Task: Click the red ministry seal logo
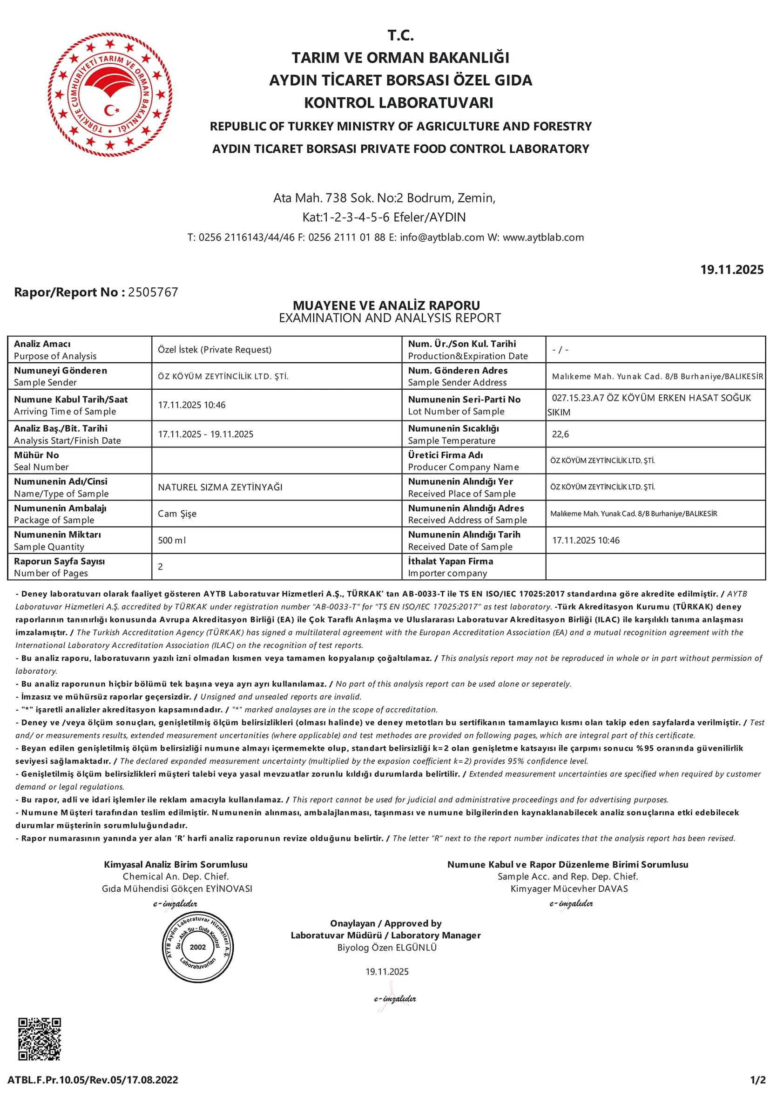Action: point(110,94)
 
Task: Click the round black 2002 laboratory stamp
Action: point(197,947)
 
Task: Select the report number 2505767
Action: point(153,292)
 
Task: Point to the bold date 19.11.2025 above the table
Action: point(731,270)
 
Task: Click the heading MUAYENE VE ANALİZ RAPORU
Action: point(386,305)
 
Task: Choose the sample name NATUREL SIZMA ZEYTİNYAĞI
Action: point(220,487)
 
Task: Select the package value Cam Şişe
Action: point(177,514)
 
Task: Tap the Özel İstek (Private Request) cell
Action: point(215,350)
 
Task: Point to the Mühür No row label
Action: point(36,455)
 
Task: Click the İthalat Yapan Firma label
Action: point(450,562)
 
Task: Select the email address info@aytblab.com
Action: point(442,237)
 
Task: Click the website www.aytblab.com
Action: point(543,237)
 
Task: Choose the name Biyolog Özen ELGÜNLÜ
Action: point(387,947)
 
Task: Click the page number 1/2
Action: point(757,1080)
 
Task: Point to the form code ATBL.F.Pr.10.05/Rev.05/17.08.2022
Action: point(93,1080)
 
